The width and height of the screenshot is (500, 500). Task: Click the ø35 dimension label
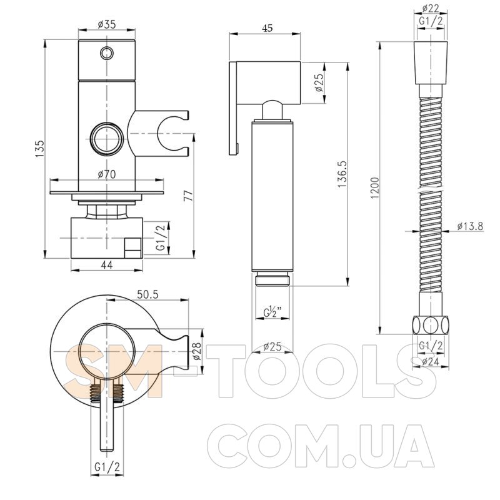point(107,24)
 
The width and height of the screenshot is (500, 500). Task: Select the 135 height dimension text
point(39,149)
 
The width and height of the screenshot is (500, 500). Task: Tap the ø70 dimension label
point(107,174)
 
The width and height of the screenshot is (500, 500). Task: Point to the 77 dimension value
point(189,196)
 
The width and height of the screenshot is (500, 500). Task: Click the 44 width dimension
point(106,265)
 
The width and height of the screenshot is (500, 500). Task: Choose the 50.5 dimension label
point(147,294)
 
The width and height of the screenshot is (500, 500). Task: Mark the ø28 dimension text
point(197,351)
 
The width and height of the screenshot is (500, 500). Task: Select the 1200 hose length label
point(375,188)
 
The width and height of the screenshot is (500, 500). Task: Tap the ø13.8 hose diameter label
point(470,226)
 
